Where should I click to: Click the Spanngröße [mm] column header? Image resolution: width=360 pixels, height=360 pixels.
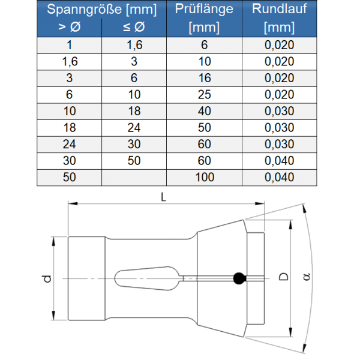click(101, 9)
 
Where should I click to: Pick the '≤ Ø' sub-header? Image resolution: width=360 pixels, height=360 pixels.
click(133, 27)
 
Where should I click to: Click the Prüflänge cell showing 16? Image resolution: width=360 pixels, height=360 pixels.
click(204, 79)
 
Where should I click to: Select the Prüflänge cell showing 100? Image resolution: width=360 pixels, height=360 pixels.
click(204, 177)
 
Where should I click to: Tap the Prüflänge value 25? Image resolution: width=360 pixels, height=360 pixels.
click(204, 95)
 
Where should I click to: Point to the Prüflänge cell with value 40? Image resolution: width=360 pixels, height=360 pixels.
click(204, 112)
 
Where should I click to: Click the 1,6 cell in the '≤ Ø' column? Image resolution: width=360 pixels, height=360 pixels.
click(133, 46)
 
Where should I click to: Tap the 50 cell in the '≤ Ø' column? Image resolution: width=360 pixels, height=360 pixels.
click(133, 161)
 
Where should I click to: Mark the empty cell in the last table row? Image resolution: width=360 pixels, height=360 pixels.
click(133, 177)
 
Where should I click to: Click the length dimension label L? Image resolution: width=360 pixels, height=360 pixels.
click(164, 196)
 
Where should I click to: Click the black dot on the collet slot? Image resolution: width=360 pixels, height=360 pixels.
click(239, 277)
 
